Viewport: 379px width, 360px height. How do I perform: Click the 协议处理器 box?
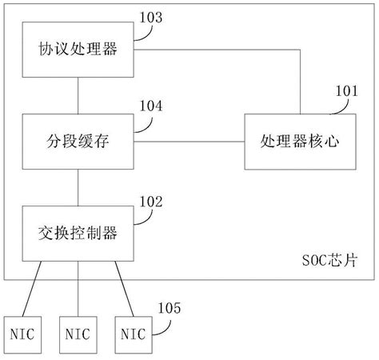tap(78, 50)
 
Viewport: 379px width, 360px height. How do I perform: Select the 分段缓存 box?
tap(78, 142)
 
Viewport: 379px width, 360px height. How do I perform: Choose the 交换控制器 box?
tap(78, 233)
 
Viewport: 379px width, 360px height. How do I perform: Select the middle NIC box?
tap(78, 331)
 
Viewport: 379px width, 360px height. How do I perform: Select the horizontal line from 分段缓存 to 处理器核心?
tap(189, 142)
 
